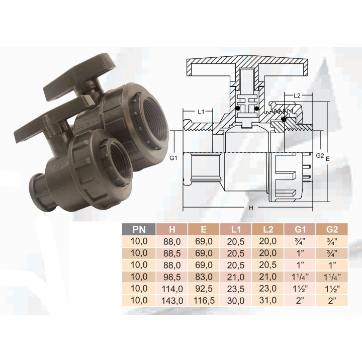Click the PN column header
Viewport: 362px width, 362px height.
[139, 230]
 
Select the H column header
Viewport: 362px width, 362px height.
[172, 230]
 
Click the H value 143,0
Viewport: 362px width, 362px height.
[172, 301]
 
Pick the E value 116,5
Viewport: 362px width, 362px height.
[204, 301]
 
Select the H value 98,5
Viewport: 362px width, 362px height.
[172, 277]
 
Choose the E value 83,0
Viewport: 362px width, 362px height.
[204, 277]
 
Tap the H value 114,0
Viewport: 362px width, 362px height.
[172, 289]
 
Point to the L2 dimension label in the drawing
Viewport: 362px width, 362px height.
[297, 95]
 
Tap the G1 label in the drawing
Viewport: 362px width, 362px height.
[173, 158]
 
